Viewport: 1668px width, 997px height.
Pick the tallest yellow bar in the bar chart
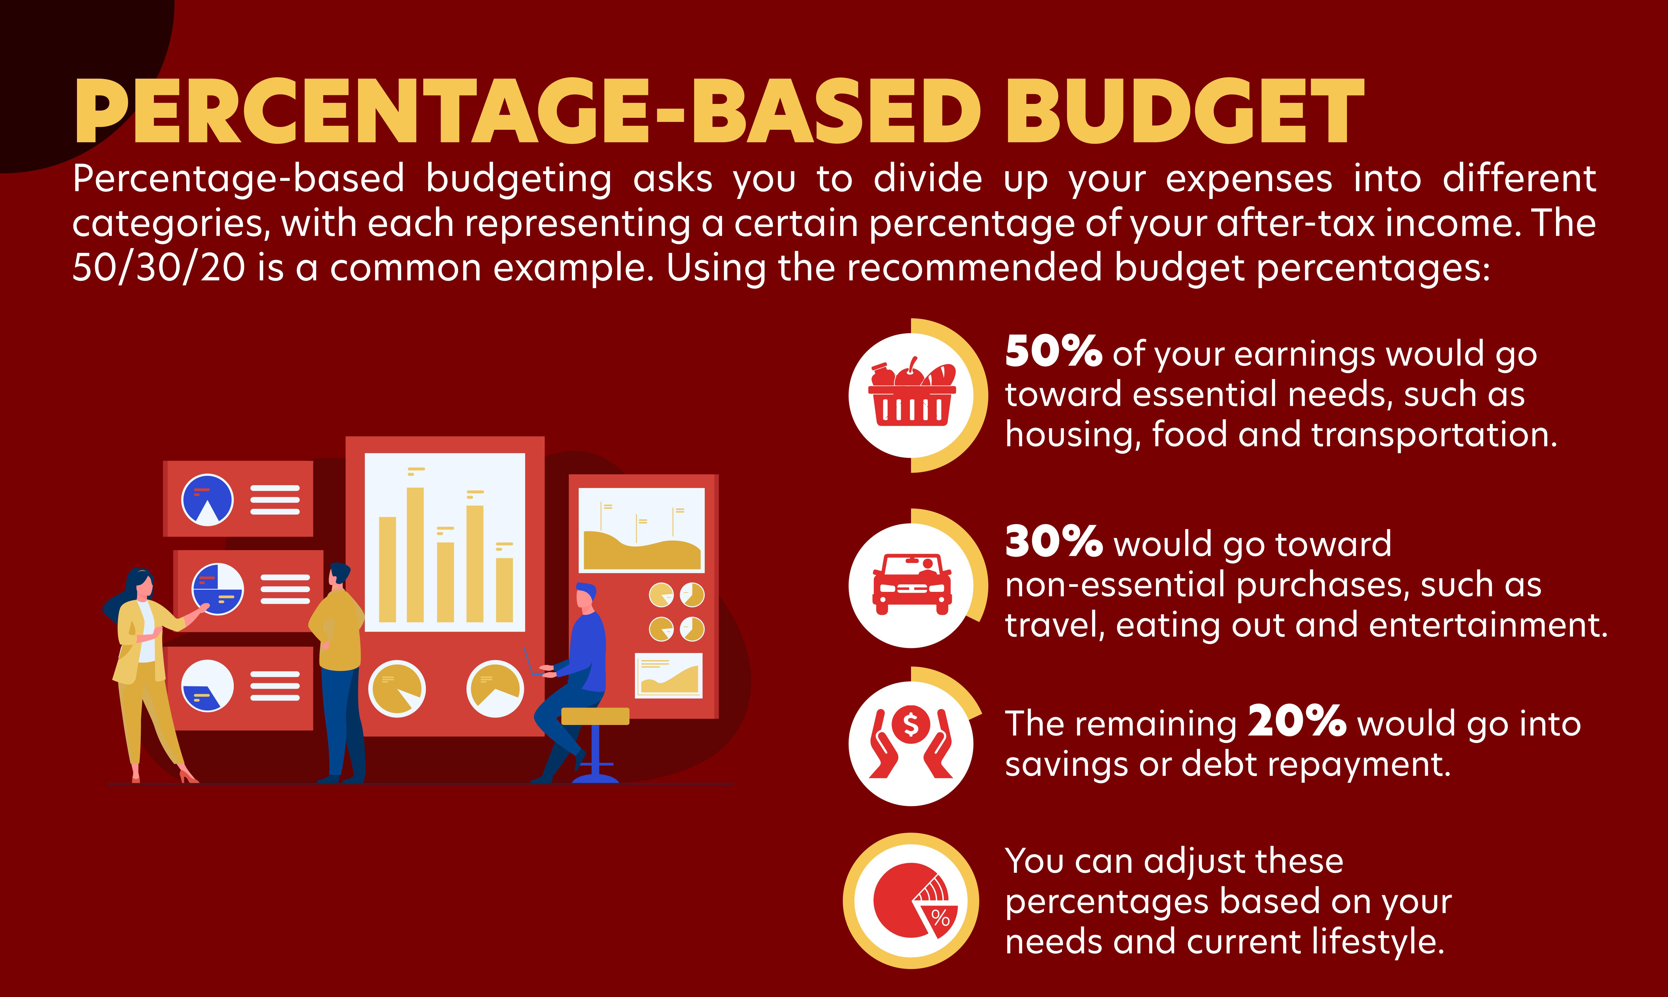(415, 554)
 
